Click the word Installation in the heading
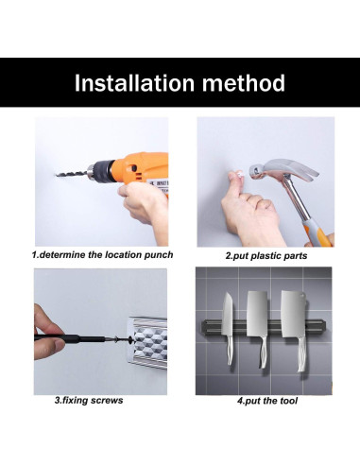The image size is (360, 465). click(x=134, y=83)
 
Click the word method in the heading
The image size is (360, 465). click(x=244, y=83)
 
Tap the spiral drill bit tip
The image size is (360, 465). click(x=58, y=174)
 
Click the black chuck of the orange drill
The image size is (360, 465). click(x=101, y=171)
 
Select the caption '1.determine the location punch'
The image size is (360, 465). click(x=102, y=255)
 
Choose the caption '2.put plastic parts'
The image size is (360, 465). click(x=266, y=255)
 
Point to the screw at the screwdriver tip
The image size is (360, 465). click(x=117, y=339)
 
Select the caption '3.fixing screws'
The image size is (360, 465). click(x=89, y=401)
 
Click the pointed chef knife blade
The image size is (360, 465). click(x=228, y=315)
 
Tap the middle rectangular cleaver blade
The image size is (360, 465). click(x=257, y=314)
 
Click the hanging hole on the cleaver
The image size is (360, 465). click(x=303, y=295)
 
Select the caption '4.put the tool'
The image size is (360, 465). click(x=267, y=401)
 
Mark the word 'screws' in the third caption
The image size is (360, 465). click(x=107, y=401)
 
